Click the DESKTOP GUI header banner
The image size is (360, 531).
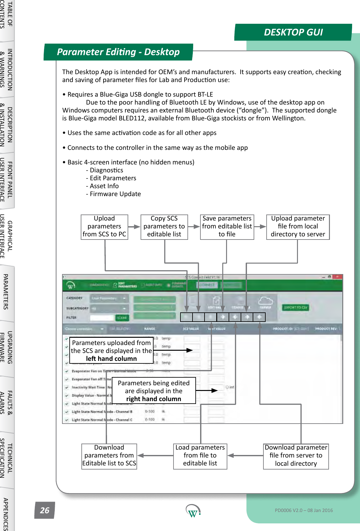[293, 32]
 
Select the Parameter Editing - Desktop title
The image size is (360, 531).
[118, 52]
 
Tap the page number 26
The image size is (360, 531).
[45, 510]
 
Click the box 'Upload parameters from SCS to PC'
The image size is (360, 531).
[104, 227]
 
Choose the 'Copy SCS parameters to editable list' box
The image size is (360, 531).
[164, 227]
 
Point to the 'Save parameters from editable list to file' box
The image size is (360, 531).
[227, 227]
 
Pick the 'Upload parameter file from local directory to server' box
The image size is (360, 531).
[298, 227]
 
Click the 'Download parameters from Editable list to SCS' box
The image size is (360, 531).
[109, 456]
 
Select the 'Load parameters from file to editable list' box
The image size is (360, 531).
[200, 456]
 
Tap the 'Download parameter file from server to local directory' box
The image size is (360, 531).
[296, 456]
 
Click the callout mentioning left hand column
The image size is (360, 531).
[111, 350]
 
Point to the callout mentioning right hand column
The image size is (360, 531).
[154, 391]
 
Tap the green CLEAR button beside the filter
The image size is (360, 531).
[122, 318]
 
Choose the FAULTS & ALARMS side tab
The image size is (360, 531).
[6, 402]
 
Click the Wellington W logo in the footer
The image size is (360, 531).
[193, 511]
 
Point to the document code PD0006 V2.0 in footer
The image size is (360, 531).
[304, 510]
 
